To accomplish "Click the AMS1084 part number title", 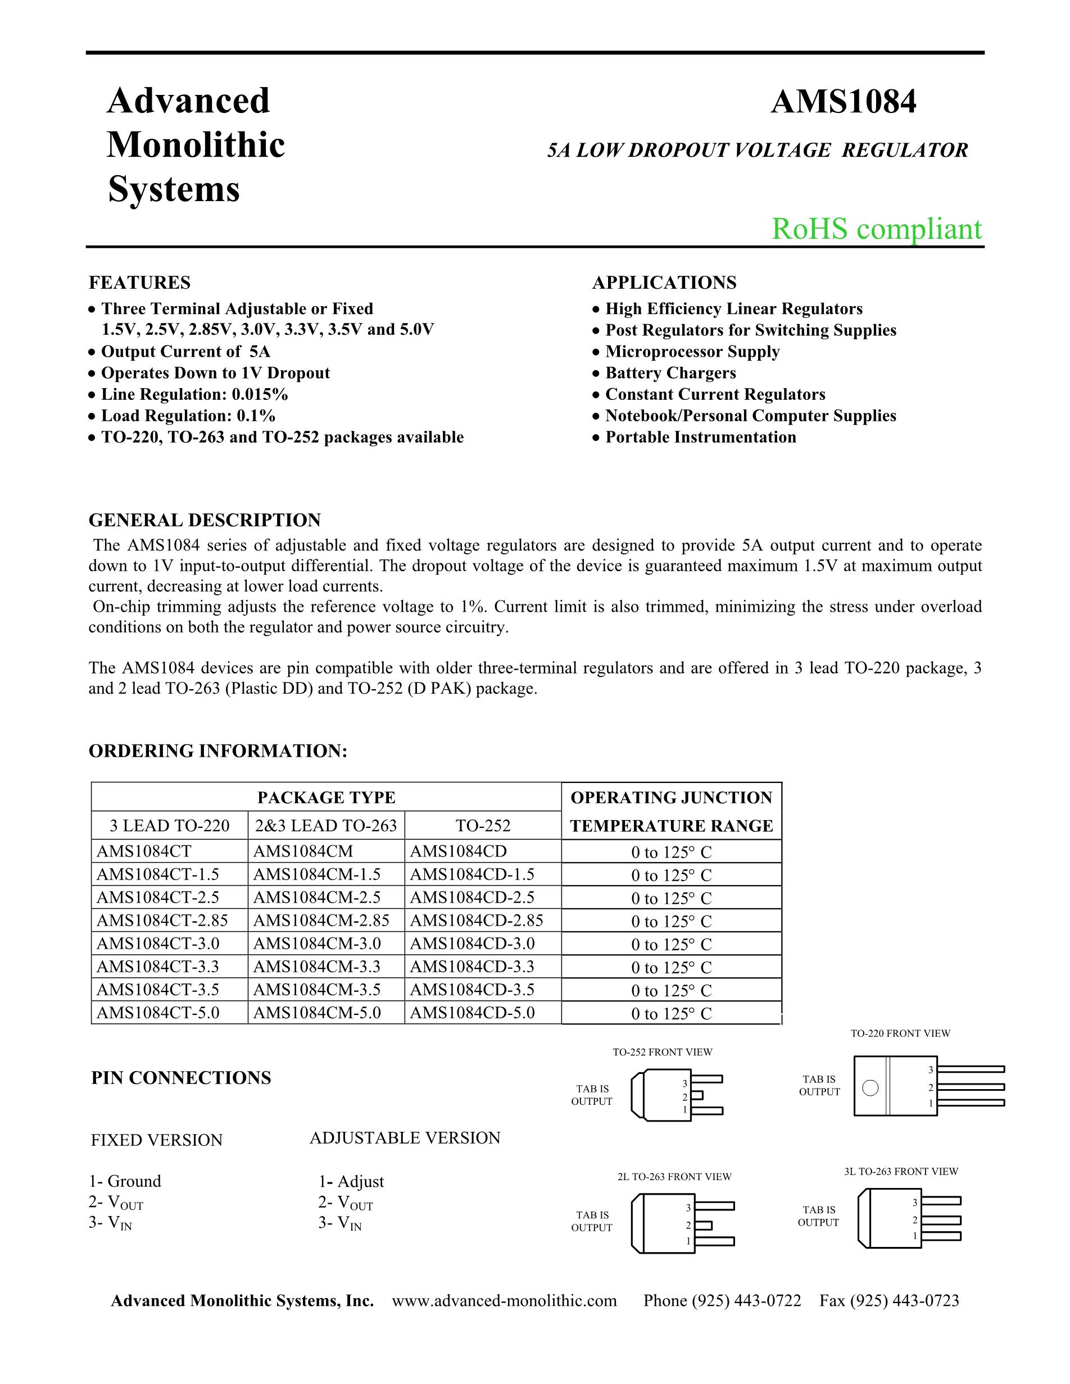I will pos(843,102).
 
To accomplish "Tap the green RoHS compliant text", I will pos(876,229).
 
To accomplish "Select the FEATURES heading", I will pos(139,283).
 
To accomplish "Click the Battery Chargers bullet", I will pos(670,374).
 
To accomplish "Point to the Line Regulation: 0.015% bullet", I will pos(194,395).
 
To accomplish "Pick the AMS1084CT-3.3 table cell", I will pos(158,967).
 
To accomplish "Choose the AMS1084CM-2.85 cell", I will pos(321,920).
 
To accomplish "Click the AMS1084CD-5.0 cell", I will pos(472,1013).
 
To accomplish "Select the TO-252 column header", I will pos(483,826).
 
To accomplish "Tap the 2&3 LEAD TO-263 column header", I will pos(326,826).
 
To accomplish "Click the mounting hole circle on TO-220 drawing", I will pos(871,1088).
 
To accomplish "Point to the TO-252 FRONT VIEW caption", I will pos(663,1052).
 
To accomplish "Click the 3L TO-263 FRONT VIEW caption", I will pos(901,1172).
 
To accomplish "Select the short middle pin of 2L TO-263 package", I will pos(704,1225).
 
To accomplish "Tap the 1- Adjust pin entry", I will pos(351,1182).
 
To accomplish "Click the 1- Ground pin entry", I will pos(125,1181).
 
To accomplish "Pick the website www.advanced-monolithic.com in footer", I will pos(504,1301).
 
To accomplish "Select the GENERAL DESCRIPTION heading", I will pos(205,520).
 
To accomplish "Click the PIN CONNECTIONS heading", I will pos(182,1078).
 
